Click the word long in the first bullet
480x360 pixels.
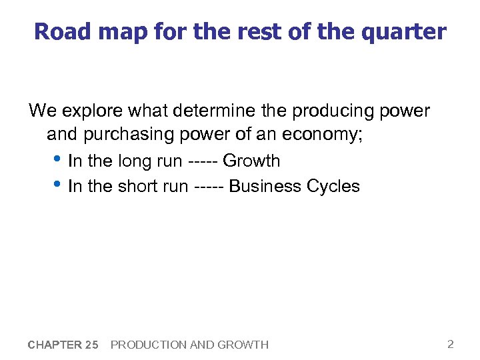tap(135, 161)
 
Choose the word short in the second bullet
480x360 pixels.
tap(138, 186)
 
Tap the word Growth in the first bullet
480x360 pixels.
tap(251, 161)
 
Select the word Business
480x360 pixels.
tap(265, 186)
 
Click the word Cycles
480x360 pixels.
tap(333, 186)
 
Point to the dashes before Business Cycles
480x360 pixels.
tap(209, 186)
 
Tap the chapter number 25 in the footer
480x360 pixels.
tap(91, 345)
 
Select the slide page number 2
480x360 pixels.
tap(450, 344)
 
